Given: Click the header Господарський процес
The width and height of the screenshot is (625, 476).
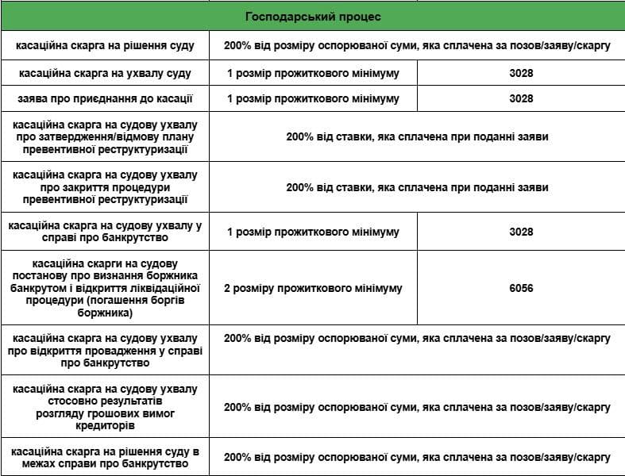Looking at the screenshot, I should (312, 17).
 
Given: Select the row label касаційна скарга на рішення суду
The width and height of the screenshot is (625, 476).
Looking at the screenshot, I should (106, 46).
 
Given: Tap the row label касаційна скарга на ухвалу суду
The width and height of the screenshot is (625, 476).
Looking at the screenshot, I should (106, 73).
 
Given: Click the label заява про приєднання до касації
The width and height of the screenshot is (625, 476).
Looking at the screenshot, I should (106, 99).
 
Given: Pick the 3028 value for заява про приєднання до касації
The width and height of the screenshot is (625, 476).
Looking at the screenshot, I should (521, 99).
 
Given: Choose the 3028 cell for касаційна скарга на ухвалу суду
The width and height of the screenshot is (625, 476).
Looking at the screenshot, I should (521, 73).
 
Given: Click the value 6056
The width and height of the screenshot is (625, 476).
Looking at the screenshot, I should (521, 288).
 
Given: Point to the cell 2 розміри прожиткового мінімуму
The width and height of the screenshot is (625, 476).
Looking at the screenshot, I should (313, 288).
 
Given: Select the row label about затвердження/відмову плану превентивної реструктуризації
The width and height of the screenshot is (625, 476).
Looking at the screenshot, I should (106, 136).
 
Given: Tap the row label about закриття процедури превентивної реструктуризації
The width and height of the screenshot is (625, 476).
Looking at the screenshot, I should (106, 187).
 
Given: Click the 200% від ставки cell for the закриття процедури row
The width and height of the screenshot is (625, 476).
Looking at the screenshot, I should (417, 187).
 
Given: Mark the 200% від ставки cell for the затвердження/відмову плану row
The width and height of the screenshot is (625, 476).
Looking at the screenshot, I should (417, 136).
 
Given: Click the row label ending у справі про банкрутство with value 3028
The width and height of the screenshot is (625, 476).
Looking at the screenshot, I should (106, 232).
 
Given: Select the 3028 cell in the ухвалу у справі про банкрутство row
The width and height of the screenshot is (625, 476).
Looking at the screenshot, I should (521, 232).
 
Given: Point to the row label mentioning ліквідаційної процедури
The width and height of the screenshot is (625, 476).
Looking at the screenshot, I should (106, 288).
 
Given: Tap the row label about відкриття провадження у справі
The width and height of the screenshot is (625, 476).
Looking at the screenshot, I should (106, 351).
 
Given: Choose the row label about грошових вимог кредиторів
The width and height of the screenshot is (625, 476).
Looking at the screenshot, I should (106, 408).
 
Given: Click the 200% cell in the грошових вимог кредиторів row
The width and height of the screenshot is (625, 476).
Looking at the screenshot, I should (417, 407).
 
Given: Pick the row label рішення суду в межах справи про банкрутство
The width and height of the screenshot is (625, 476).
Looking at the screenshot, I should (106, 458).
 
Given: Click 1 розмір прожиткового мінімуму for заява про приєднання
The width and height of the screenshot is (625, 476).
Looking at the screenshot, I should (313, 99).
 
